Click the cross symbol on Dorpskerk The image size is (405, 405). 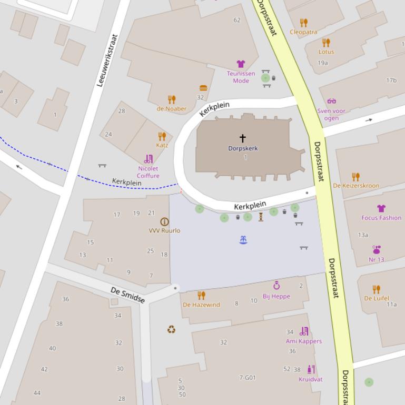tap(243, 138)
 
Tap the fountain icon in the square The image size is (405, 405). tap(243, 240)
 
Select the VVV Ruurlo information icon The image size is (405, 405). tap(164, 222)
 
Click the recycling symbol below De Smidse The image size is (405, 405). tap(171, 330)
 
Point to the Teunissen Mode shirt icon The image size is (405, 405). tap(241, 64)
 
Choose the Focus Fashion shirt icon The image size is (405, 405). tap(381, 208)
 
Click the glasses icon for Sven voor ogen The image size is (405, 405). tap(331, 101)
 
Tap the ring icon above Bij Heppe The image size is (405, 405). tap(276, 286)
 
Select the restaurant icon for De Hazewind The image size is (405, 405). tap(201, 296)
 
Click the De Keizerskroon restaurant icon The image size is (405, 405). tap(356, 177)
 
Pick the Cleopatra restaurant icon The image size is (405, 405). tap(303, 23)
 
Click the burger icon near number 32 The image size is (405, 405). tap(203, 88)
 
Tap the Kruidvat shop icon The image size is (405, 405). tap(311, 369)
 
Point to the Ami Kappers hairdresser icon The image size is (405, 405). tap(304, 331)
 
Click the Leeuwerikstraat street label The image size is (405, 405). tap(107, 60)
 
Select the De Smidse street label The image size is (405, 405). tap(128, 295)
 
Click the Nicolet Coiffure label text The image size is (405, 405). tap(148, 172)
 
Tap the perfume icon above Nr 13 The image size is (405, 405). tap(376, 249)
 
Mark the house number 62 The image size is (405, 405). tap(237, 20)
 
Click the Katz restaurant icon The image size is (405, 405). tap(162, 136)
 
